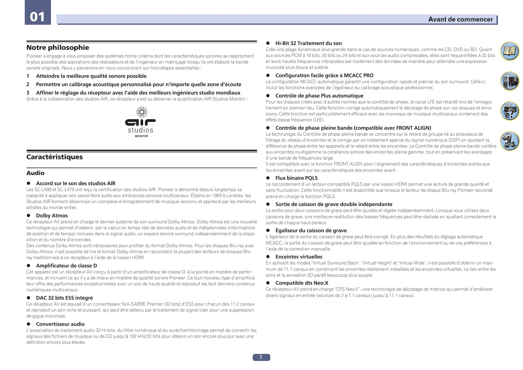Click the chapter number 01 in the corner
(38, 17)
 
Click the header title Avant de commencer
(460, 19)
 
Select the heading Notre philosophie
(58, 48)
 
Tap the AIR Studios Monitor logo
(140, 122)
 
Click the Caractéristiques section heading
(55, 157)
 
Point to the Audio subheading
(35, 173)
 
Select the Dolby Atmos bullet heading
(52, 216)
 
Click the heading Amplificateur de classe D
(66, 266)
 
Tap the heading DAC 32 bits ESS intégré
(64, 298)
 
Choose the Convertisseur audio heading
(60, 324)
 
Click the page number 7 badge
(261, 357)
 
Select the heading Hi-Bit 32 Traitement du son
(308, 43)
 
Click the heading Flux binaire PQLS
(296, 178)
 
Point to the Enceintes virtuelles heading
(299, 257)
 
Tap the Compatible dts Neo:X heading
(302, 283)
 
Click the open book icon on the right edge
(509, 51)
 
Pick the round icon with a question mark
(509, 111)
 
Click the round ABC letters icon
(509, 141)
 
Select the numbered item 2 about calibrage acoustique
(138, 84)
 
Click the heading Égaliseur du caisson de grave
(311, 230)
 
